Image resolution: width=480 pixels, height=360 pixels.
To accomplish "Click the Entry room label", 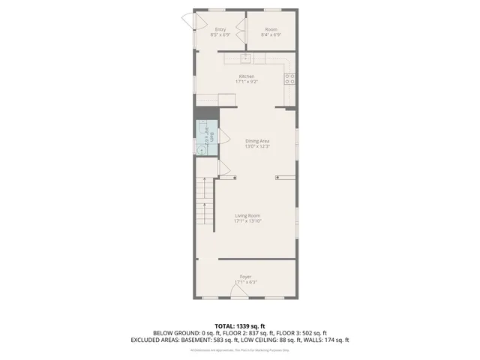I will tap(220, 29).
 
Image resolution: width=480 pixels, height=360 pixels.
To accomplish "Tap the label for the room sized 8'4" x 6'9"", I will tap(271, 29).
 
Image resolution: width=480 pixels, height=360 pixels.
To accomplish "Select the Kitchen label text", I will tap(247, 76).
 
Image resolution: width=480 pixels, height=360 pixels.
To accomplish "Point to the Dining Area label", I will tap(257, 141).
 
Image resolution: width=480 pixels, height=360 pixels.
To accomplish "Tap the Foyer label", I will tap(246, 277).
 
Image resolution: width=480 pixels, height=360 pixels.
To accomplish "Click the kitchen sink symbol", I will tap(246, 57).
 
